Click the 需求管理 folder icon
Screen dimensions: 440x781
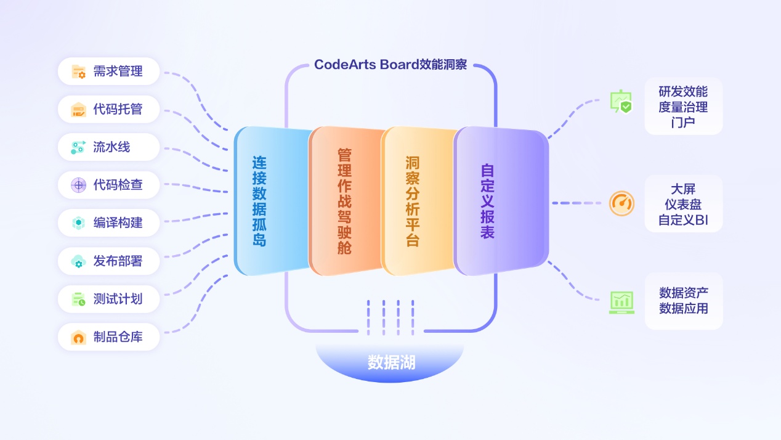[x=78, y=71]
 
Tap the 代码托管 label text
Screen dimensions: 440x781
[x=118, y=110]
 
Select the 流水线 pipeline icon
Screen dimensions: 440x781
[x=78, y=147]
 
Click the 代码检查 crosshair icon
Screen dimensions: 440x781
[x=78, y=184]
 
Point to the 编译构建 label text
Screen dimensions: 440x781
[x=118, y=222]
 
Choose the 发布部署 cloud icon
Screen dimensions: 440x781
[x=78, y=261]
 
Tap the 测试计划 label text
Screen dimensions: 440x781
[x=118, y=299]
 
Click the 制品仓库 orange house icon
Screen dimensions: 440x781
[x=78, y=337]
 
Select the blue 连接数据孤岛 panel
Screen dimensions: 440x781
[x=271, y=201]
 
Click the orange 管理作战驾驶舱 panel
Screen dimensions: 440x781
[x=344, y=201]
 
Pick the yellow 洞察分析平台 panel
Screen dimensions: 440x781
[x=416, y=201]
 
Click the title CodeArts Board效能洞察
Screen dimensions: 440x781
[x=390, y=65]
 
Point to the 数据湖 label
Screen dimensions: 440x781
[x=391, y=362]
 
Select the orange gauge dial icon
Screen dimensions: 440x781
[x=621, y=203]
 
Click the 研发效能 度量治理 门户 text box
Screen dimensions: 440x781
[x=683, y=107]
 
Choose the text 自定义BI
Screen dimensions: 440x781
[x=683, y=219]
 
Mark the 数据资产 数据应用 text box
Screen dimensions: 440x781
[x=683, y=301]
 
